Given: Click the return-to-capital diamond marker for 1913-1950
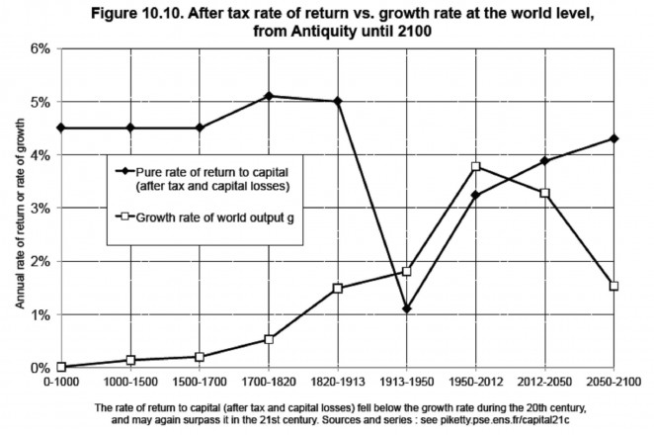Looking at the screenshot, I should [406, 309].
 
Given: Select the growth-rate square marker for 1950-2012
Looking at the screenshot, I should [475, 167].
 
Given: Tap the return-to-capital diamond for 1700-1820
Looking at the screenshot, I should [268, 96].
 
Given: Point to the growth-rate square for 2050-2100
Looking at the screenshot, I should [613, 286].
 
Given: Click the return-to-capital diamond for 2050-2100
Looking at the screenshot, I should [613, 138].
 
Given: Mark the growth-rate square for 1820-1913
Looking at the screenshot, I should [337, 288].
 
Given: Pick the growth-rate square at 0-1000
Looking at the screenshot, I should [61, 367].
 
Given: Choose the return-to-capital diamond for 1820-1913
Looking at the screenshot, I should [337, 101].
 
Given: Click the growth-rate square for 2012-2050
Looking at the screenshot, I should [544, 193].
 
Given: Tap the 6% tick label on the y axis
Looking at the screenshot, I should [35, 48].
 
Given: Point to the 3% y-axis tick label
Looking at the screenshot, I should [35, 209].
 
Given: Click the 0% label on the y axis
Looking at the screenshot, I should [35, 368].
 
